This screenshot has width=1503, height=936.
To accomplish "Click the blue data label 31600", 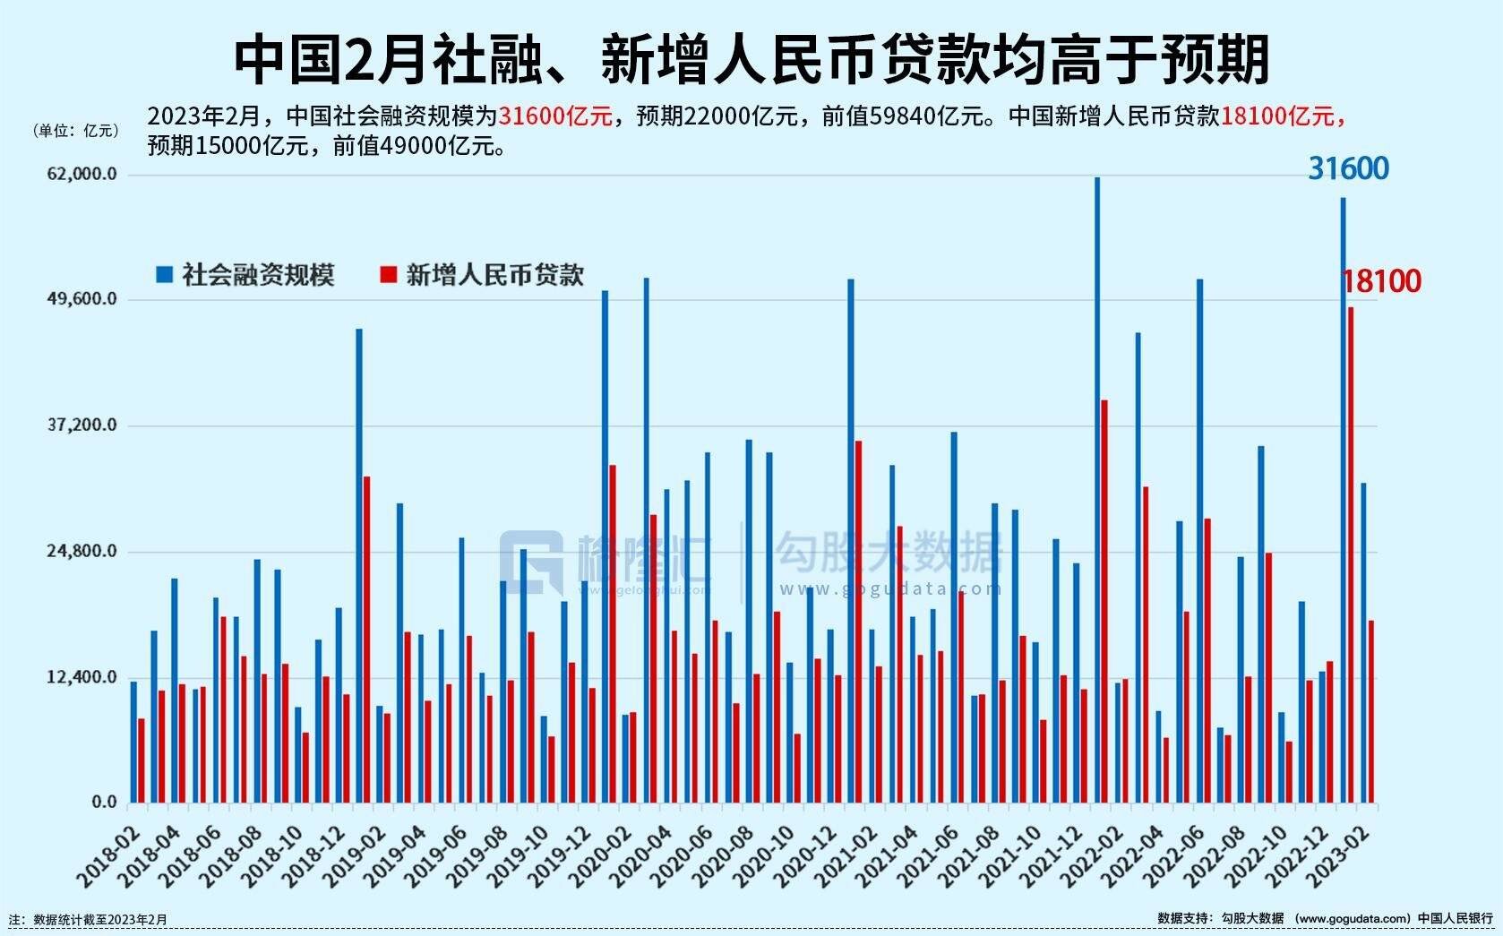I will [1348, 168].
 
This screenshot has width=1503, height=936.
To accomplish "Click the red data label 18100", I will [1381, 281].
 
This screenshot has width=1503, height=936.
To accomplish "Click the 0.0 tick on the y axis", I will [104, 803].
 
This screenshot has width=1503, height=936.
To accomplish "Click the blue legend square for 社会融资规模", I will [164, 274].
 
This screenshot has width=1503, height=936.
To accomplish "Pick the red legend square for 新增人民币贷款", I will [388, 274].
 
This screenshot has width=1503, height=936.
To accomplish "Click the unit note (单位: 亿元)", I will [76, 131].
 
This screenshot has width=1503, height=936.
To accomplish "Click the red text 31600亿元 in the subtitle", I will [554, 116].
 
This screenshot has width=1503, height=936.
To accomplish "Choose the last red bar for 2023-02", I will [1371, 711].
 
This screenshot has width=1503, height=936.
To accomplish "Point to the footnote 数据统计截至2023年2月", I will [99, 920].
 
